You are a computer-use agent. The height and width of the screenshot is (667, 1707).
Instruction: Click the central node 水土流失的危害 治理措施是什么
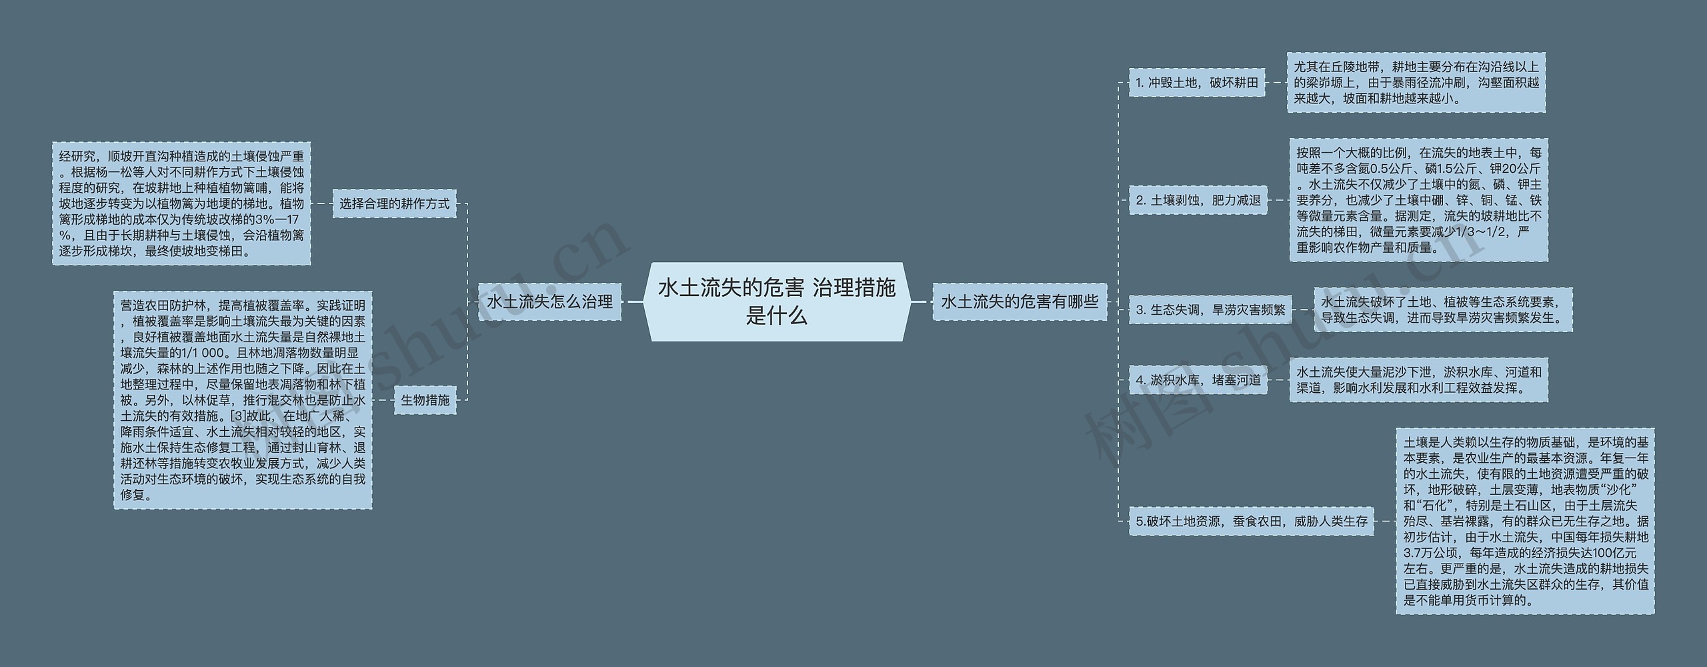[x=777, y=301]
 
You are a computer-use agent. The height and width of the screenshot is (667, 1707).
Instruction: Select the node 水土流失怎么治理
[x=549, y=301]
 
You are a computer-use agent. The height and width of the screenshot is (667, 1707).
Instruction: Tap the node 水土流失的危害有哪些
[x=1020, y=301]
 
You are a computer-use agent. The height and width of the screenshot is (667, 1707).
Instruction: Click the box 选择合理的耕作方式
[x=395, y=203]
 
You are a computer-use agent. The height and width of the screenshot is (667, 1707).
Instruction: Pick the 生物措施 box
[x=425, y=400]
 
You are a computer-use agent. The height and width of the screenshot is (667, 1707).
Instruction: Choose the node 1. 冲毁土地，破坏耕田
[x=1197, y=83]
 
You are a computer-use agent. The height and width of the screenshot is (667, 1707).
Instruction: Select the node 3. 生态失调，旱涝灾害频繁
[x=1210, y=309]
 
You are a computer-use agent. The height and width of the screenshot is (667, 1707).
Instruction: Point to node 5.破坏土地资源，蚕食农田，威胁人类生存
[x=1251, y=522]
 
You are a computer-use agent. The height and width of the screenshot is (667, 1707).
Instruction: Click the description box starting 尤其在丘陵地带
[x=1416, y=83]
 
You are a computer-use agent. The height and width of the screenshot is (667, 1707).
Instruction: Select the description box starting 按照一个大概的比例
[x=1418, y=200]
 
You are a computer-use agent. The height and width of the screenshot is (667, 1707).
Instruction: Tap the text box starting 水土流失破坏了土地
[x=1443, y=309]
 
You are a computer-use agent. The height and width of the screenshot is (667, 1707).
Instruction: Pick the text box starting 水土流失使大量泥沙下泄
[x=1418, y=380]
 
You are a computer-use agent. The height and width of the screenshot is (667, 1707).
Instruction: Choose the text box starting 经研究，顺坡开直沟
[x=181, y=203]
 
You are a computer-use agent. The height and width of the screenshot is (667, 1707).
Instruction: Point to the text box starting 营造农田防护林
[x=243, y=400]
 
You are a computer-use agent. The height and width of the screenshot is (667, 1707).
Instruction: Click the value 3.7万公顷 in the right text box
[x=1432, y=553]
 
